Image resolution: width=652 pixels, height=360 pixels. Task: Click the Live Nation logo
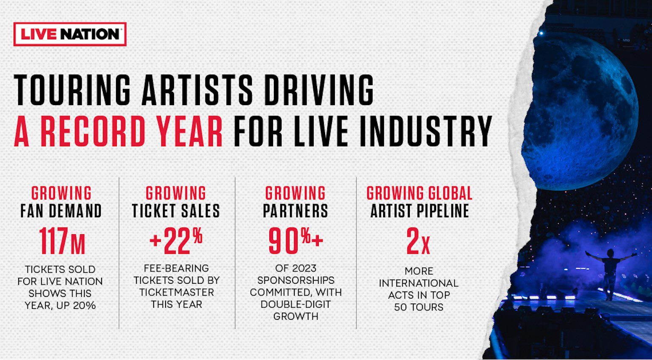70,34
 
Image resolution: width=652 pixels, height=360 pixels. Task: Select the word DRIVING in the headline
318,90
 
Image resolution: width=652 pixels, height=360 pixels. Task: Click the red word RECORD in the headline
93,131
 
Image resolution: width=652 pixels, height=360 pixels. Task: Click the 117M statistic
62,241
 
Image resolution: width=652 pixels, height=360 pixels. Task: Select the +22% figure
176,241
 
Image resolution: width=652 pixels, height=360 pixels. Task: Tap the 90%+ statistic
296,241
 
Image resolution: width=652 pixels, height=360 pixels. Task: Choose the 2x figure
418,241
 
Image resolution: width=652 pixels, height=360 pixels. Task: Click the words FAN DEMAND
61,211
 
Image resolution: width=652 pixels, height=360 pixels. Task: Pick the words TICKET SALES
176,211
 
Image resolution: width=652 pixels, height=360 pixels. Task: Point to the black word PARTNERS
296,211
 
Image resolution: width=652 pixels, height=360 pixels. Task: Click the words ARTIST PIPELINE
420,211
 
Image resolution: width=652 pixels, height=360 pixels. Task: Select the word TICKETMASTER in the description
177,292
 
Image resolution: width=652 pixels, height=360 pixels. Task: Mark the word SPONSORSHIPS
296,280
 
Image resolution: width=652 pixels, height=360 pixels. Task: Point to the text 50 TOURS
419,307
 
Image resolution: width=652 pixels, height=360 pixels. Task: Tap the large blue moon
579,115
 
